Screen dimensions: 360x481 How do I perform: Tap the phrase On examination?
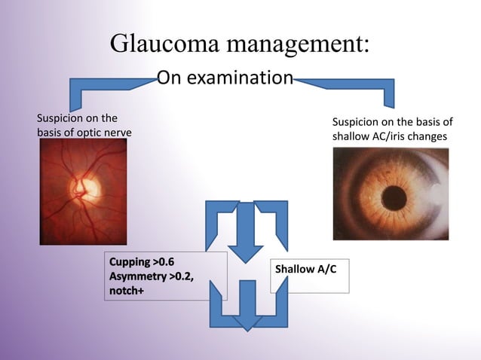tap(224, 78)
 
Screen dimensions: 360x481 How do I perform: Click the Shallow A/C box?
tap(311, 269)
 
